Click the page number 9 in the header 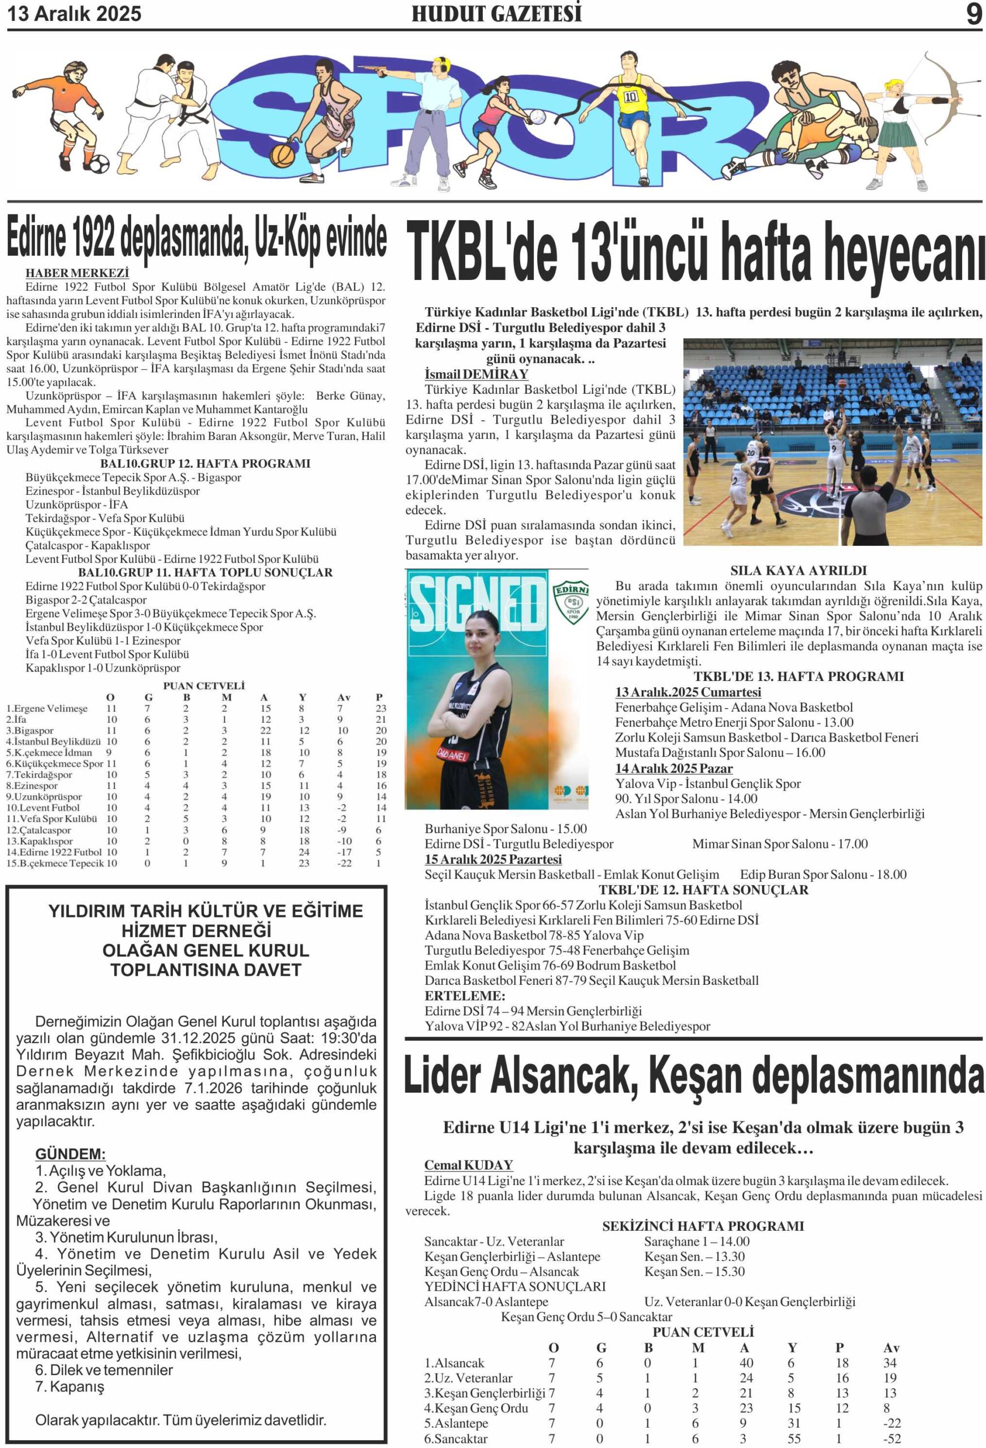(x=974, y=14)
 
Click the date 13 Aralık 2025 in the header (x=74, y=14)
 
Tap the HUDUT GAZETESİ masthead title (x=496, y=14)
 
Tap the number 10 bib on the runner (x=630, y=97)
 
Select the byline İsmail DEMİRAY (x=476, y=374)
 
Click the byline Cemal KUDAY (x=468, y=1165)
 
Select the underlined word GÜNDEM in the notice (x=70, y=1153)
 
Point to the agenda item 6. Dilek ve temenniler (x=104, y=1369)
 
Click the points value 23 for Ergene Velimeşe (x=380, y=708)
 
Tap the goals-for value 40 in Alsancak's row (x=746, y=1363)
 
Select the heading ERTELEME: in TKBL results (x=465, y=996)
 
